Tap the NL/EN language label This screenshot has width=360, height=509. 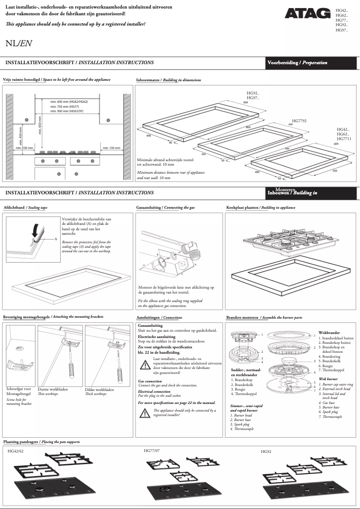[x=18, y=44]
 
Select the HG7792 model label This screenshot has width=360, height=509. [x=299, y=121]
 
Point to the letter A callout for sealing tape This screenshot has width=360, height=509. [x=56, y=239]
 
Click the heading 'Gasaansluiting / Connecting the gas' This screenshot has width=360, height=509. [x=165, y=208]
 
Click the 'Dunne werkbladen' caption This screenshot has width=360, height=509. [x=53, y=389]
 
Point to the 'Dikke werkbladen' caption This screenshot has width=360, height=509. [x=100, y=389]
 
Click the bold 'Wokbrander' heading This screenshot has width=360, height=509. [x=329, y=333]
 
